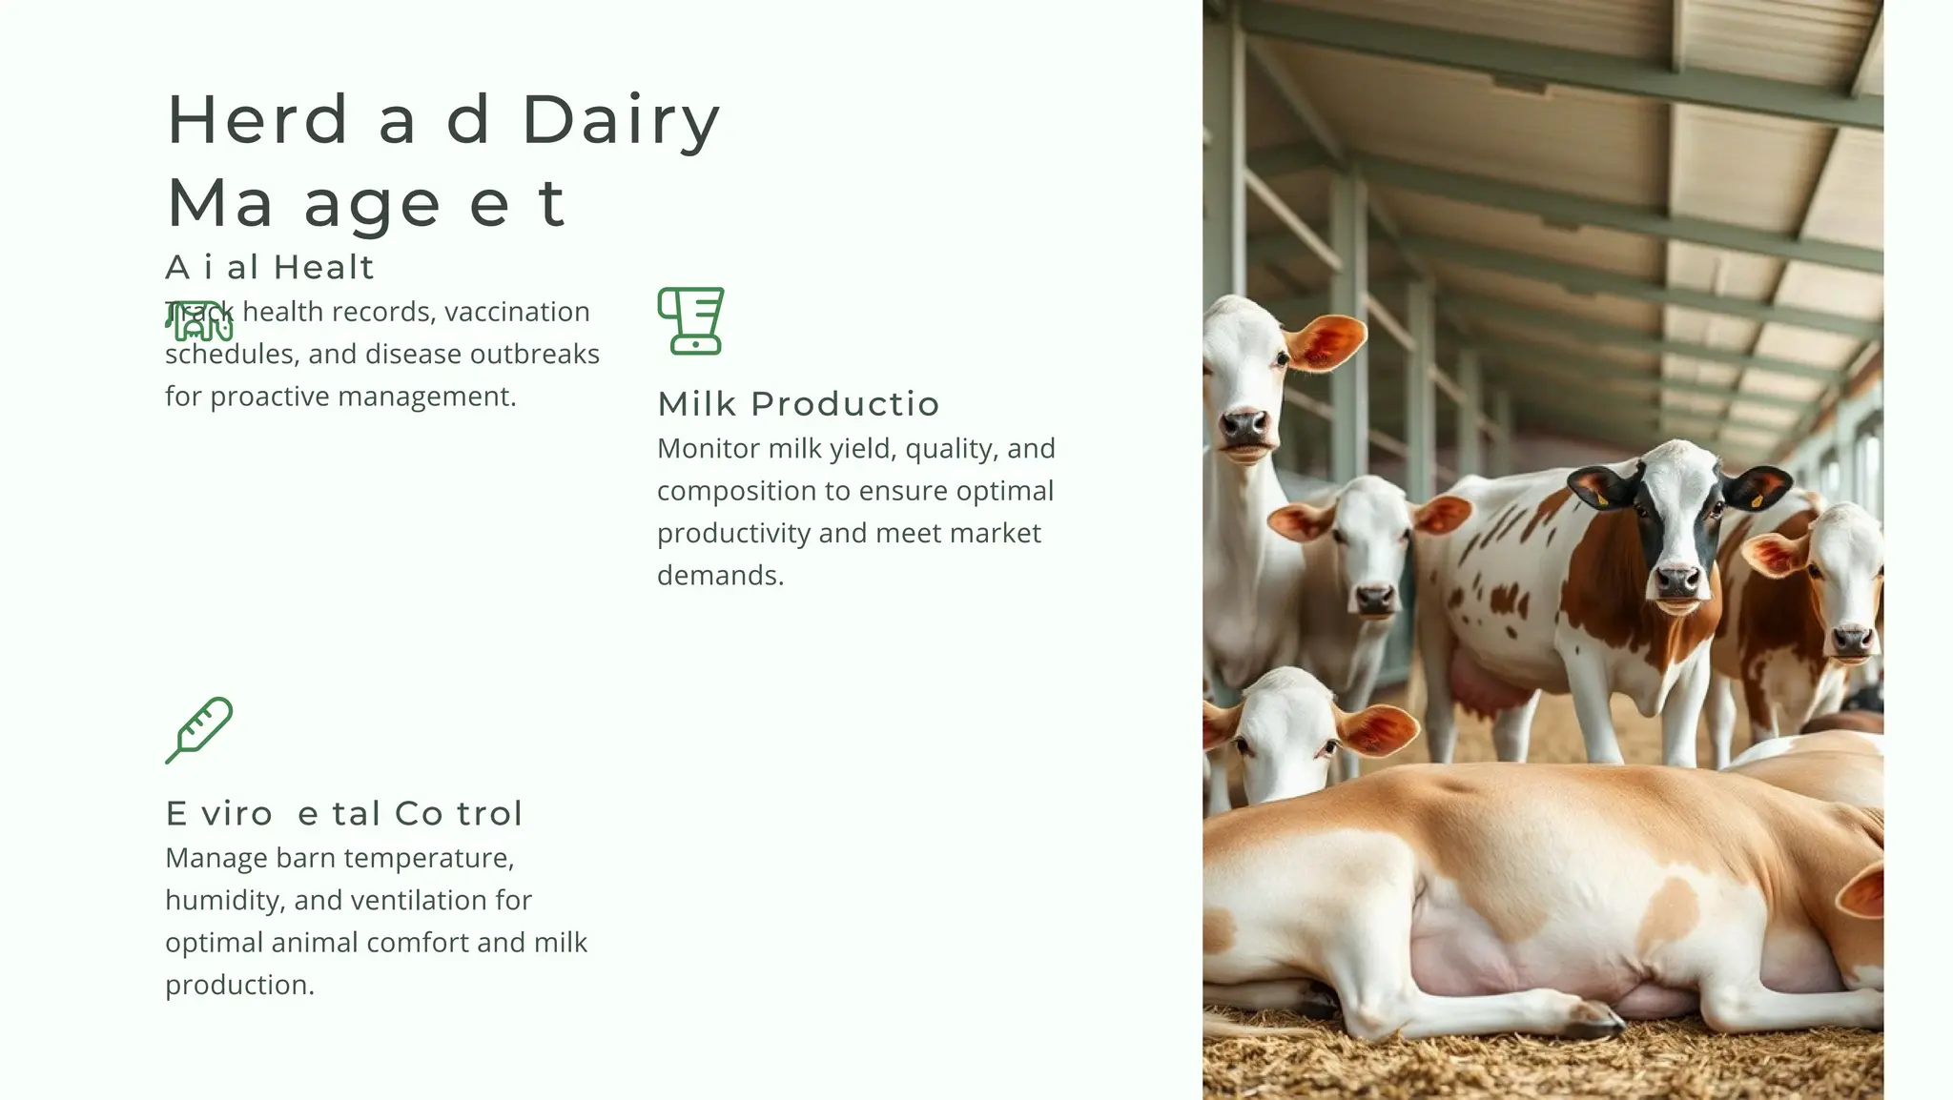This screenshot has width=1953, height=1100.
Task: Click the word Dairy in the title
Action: tap(621, 122)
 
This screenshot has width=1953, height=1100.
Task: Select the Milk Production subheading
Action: tap(798, 404)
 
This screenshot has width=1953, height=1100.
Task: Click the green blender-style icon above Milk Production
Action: tap(691, 320)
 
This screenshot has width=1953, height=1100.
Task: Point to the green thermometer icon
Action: tap(199, 730)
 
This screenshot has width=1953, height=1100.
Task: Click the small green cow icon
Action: tap(199, 322)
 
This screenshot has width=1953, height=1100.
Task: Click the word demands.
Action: tap(720, 576)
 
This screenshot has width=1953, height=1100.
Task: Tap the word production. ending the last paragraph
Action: tap(239, 985)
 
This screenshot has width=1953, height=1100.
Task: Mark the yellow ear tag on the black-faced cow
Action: tap(1601, 498)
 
